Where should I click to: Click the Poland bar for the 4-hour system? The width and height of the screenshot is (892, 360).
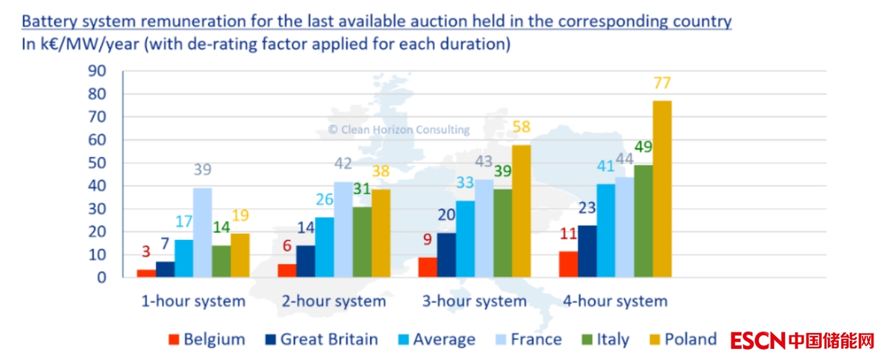pos(662,189)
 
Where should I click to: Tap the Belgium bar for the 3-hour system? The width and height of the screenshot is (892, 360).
pos(427,267)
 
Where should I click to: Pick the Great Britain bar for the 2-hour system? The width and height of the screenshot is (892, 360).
pos(305,261)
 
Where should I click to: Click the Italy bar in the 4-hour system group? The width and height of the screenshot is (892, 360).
pos(643,221)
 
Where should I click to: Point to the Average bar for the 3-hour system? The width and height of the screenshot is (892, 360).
pos(465,239)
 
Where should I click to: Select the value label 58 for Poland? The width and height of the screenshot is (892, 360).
pos(521,128)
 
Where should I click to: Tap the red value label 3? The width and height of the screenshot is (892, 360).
pos(146,250)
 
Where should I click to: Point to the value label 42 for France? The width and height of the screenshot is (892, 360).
pos(343,164)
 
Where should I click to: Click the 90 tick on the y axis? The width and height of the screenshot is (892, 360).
pos(97,71)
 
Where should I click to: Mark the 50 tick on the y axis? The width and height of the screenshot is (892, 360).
pos(97,163)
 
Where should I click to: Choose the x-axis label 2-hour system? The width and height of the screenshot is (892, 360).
pos(334,301)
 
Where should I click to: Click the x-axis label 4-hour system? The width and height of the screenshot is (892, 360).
pos(615,301)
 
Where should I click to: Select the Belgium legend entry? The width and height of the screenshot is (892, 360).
pos(207,339)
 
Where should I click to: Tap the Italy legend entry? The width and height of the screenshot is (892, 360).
pos(604,339)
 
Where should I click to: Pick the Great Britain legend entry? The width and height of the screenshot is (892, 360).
pos(322,339)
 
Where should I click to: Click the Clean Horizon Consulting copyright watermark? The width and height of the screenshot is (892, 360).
pos(398,130)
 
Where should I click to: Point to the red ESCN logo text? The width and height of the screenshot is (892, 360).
pos(757,340)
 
